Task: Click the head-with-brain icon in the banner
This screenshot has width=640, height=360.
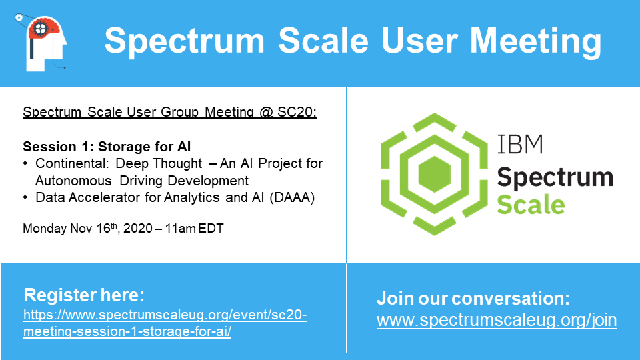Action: (41, 43)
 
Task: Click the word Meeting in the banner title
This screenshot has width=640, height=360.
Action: (535, 41)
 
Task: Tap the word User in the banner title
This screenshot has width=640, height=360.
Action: (419, 41)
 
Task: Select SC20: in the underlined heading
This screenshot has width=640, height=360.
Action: (297, 112)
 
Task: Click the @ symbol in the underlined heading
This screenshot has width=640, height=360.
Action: (266, 112)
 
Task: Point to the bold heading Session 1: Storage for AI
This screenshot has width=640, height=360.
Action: (107, 146)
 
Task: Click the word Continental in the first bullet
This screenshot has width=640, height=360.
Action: (72, 163)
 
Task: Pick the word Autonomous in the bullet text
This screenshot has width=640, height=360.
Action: (73, 181)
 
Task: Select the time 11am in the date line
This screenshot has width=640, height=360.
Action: (181, 228)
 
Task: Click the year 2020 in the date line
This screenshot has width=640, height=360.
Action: (138, 228)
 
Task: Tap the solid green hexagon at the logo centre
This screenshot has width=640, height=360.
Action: (434, 174)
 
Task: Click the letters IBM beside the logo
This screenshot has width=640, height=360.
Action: (520, 144)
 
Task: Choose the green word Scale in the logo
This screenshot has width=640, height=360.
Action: (531, 205)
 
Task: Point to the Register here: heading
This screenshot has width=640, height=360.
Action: (84, 295)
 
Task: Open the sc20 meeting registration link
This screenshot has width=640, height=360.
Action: (165, 323)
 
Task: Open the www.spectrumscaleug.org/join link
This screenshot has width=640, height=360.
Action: (497, 320)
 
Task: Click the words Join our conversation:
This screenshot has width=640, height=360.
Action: (473, 299)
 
